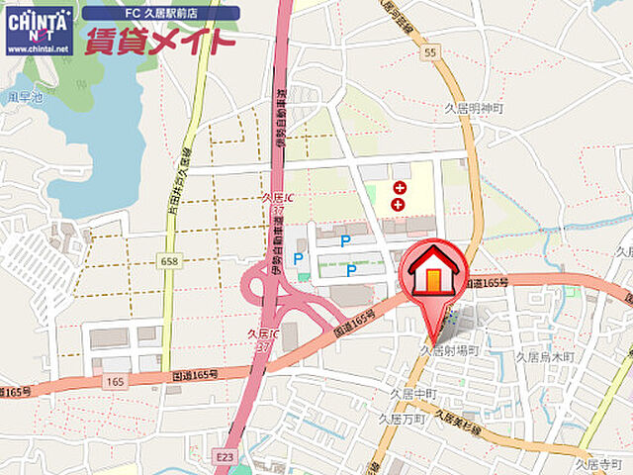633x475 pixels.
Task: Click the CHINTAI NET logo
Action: pyautogui.click(x=39, y=29)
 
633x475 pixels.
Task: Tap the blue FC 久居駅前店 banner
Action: pyautogui.click(x=160, y=13)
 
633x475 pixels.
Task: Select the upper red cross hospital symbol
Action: pyautogui.click(x=400, y=187)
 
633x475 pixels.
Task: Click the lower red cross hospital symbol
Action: pyautogui.click(x=399, y=204)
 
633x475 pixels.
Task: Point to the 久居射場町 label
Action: pyautogui.click(x=450, y=350)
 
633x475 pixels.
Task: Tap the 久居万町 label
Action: pyautogui.click(x=401, y=420)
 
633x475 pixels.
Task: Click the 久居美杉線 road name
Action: pyautogui.click(x=460, y=425)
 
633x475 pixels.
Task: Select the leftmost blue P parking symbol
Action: pyautogui.click(x=298, y=259)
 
